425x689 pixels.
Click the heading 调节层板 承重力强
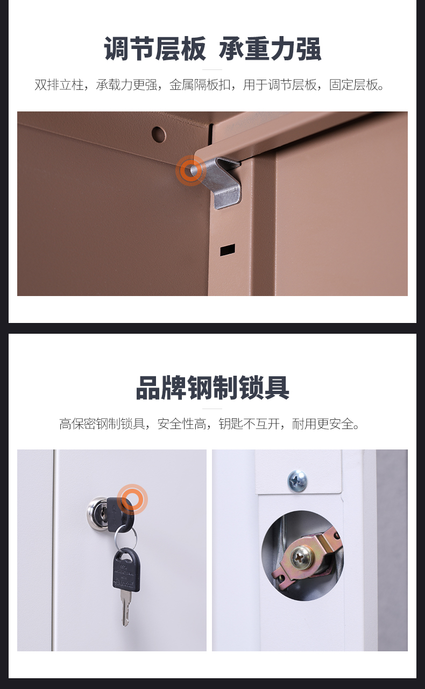click(212, 48)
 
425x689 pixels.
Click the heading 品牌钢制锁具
click(212, 388)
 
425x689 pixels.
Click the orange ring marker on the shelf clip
click(191, 170)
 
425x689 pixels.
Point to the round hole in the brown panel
click(158, 135)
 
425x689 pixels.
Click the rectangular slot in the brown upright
click(228, 250)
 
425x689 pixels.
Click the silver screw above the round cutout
click(297, 480)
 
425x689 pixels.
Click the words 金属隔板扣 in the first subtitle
click(200, 85)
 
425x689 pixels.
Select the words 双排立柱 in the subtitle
click(59, 85)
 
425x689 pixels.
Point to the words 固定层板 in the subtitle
click(353, 85)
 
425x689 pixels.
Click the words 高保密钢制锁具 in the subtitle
click(102, 424)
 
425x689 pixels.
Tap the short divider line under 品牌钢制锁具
click(212, 409)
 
